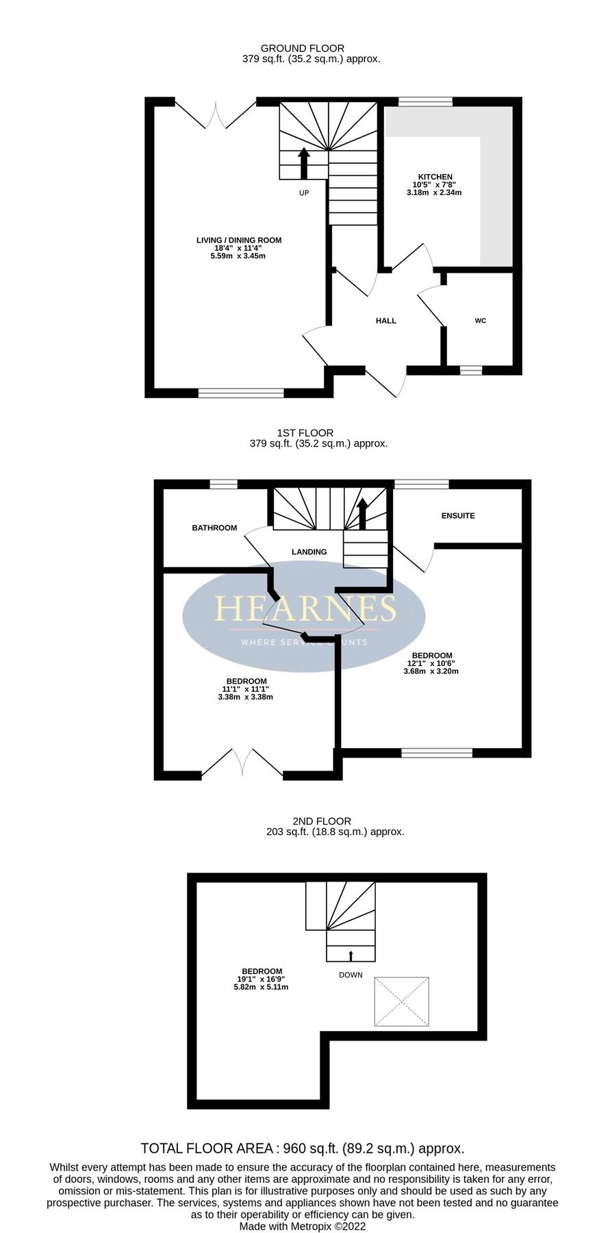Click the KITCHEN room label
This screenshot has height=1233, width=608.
(435, 177)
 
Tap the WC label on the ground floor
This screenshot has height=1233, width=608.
(480, 321)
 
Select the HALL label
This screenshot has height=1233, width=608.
(385, 321)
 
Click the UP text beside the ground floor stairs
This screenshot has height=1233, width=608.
(304, 193)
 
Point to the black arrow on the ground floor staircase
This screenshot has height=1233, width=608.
(304, 162)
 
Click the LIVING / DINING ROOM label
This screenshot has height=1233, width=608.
(239, 240)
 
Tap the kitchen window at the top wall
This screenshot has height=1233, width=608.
(425, 102)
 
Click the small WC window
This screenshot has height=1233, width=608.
(470, 370)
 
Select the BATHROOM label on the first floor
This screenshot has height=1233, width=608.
(214, 528)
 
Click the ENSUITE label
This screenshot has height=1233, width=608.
(458, 516)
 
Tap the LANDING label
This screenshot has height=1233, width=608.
(309, 551)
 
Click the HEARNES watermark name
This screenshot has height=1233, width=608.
(305, 608)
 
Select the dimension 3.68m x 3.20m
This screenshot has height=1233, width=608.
(431, 671)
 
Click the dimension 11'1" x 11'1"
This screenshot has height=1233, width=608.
(245, 689)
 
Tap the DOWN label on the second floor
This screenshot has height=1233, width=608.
(351, 975)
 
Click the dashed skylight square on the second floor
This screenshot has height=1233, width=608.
(401, 1001)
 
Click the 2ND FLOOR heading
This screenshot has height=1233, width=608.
(322, 821)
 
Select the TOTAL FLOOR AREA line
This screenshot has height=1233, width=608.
(303, 1149)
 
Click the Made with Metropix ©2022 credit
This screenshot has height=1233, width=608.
(303, 1226)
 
